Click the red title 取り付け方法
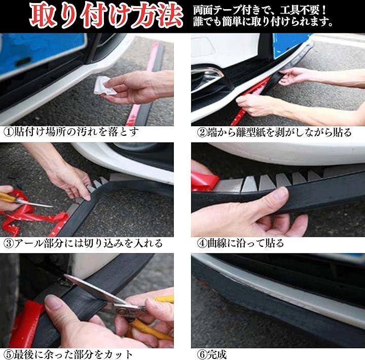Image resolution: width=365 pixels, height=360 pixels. pyautogui.click(x=106, y=15)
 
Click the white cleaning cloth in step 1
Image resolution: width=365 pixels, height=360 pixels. pyautogui.click(x=104, y=86)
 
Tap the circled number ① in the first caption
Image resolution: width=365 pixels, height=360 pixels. pyautogui.click(x=8, y=132)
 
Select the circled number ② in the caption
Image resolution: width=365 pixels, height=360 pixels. pyautogui.click(x=202, y=132)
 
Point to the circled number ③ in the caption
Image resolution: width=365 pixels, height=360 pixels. pyautogui.click(x=8, y=243)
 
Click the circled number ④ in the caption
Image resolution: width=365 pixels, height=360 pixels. pyautogui.click(x=202, y=243)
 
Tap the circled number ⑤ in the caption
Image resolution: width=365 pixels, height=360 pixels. pyautogui.click(x=8, y=354)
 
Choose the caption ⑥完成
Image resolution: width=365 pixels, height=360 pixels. pyautogui.click(x=211, y=354)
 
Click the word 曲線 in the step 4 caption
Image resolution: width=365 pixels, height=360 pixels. pyautogui.click(x=217, y=243)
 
